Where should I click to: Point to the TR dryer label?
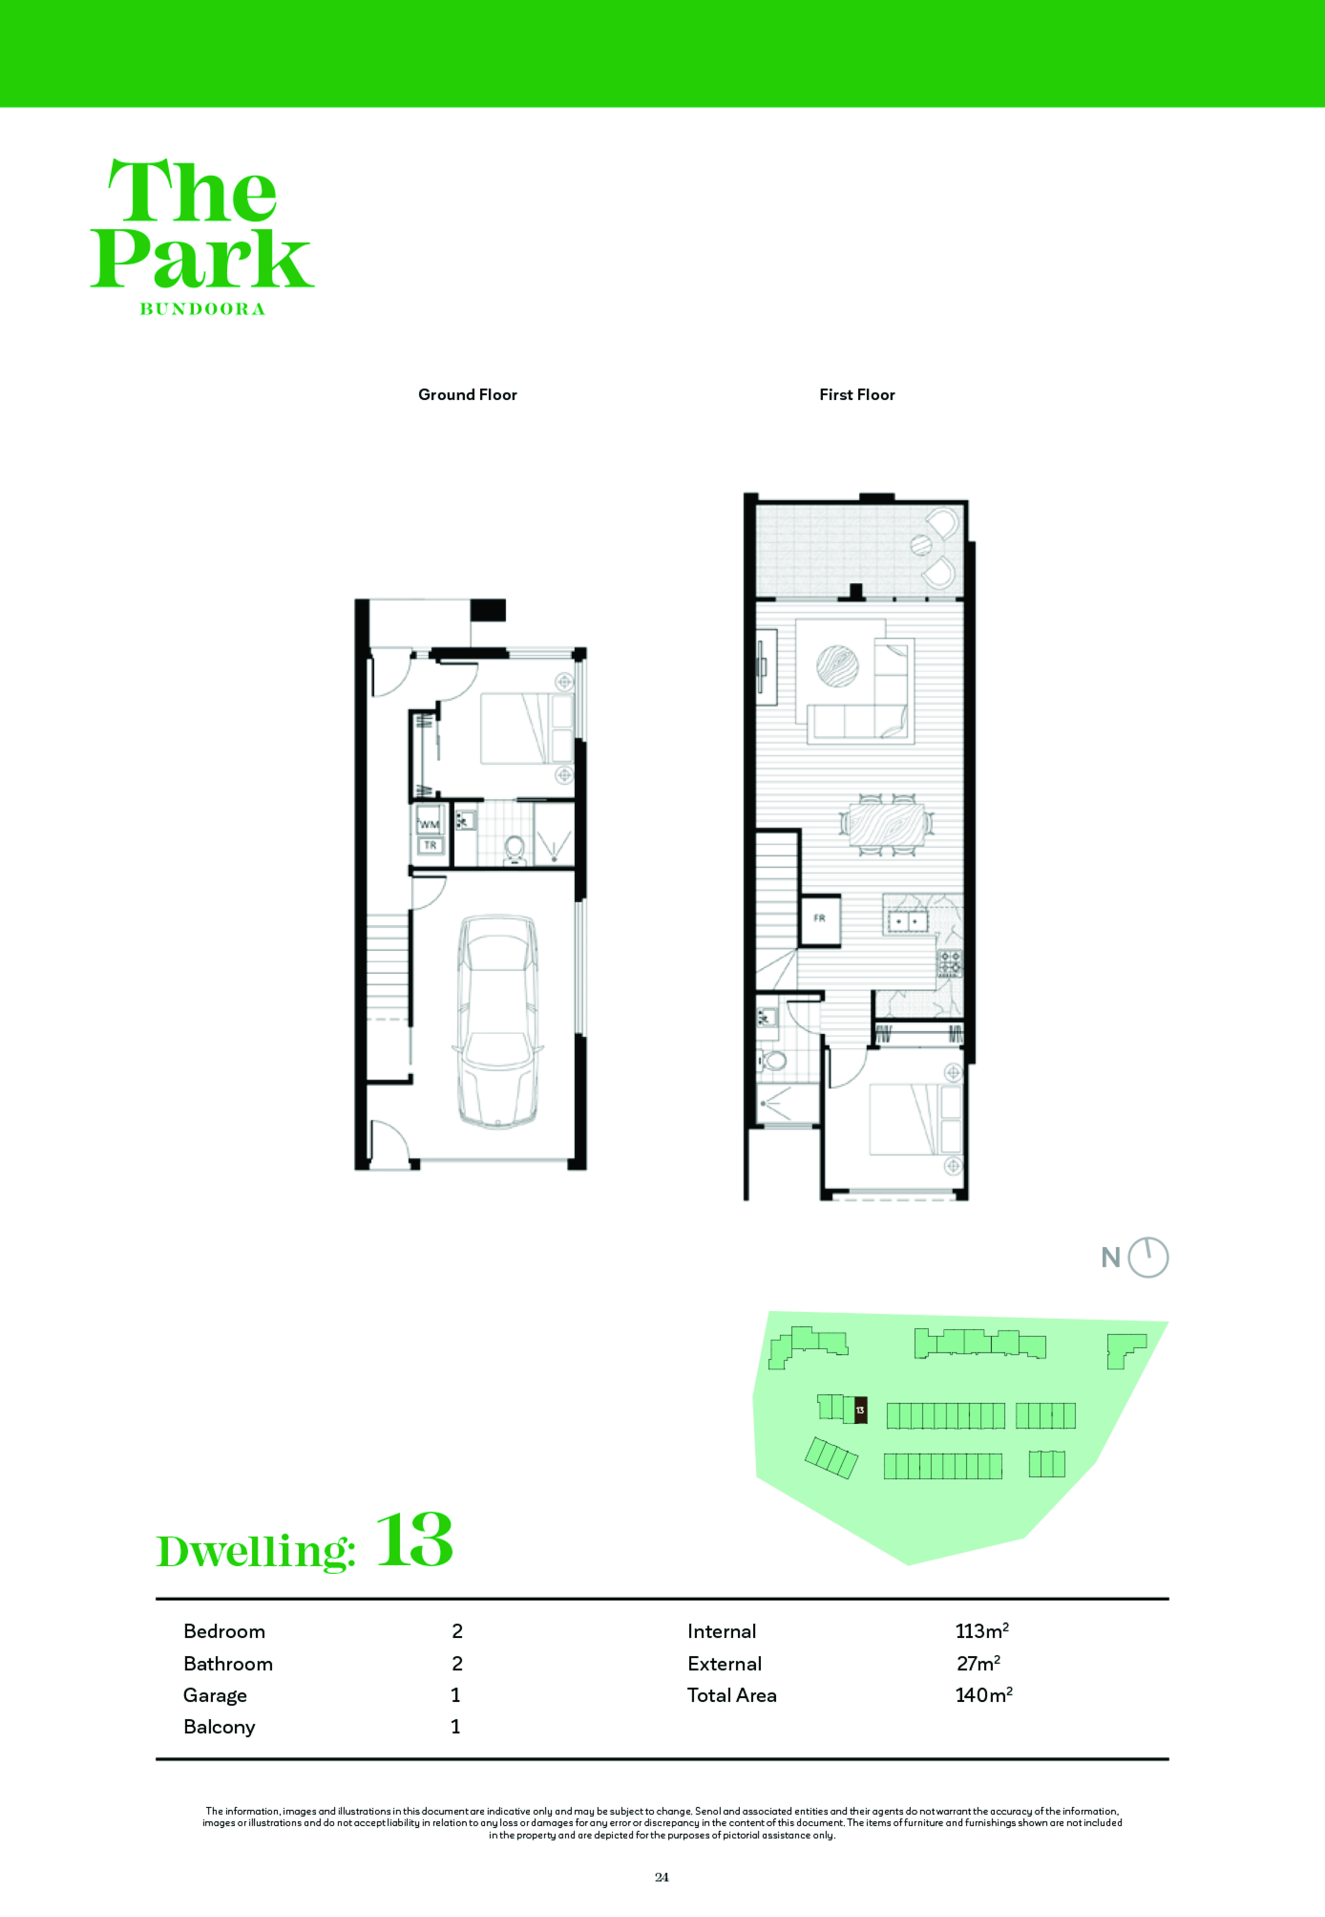430,845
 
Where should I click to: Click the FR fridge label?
819,918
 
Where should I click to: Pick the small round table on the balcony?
921,545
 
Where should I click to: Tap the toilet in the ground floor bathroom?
514,849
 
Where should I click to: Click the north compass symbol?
1147,1258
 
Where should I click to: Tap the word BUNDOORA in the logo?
203,309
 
